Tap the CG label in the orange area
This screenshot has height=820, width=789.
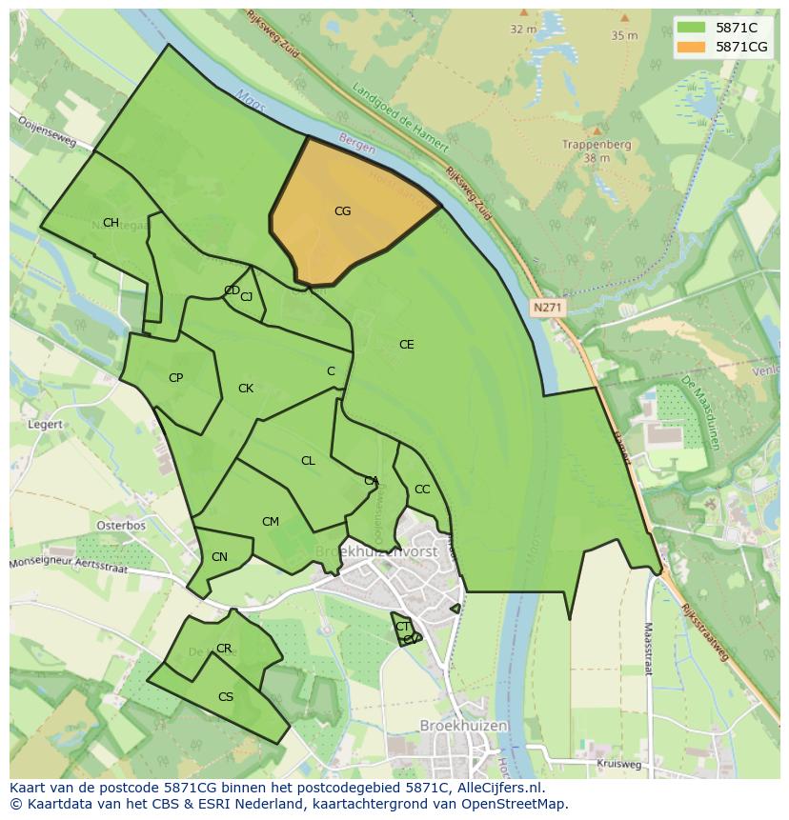pos(342,211)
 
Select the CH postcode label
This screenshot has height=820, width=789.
pos(111,223)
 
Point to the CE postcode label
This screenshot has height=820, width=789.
pos(406,345)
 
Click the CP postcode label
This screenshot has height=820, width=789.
pos(175,378)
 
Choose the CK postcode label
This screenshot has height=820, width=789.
pos(246,389)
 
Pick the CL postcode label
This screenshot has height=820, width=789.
pos(308,461)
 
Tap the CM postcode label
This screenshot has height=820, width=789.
pos(271,522)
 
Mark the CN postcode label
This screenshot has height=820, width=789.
pos(219,557)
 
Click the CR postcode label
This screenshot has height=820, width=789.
pos(224,649)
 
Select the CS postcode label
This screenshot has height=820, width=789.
pos(226,697)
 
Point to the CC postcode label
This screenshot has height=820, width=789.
pos(422,490)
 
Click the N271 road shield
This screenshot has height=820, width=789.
pos(548,308)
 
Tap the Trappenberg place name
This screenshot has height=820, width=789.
pos(597,145)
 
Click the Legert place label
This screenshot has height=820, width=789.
pos(46,425)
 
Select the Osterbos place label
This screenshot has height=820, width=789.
pos(121,526)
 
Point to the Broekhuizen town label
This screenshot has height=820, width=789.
pos(464,725)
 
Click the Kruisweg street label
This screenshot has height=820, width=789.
pos(620,764)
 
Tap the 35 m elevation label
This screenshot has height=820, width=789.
pos(624,35)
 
